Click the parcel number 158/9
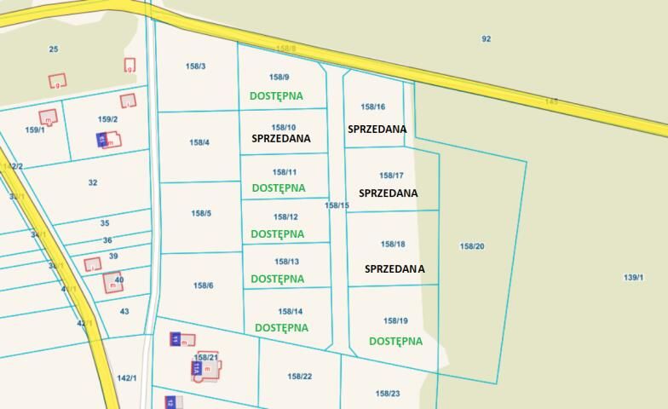(279, 78)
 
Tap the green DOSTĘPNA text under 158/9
(276, 96)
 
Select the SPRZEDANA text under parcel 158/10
(281, 138)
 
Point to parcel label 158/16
(373, 107)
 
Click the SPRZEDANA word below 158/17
(389, 193)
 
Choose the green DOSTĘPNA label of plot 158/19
(395, 341)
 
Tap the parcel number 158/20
(472, 246)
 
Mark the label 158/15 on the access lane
(337, 205)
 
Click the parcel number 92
(487, 38)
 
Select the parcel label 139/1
(633, 277)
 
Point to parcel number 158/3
(195, 66)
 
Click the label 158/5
(201, 213)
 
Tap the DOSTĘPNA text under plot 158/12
(277, 233)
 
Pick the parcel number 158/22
(300, 376)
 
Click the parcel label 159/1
(35, 130)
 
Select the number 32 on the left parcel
(93, 182)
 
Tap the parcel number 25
(54, 49)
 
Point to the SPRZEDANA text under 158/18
(394, 268)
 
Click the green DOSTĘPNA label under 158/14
(281, 327)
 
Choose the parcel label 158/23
(388, 394)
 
